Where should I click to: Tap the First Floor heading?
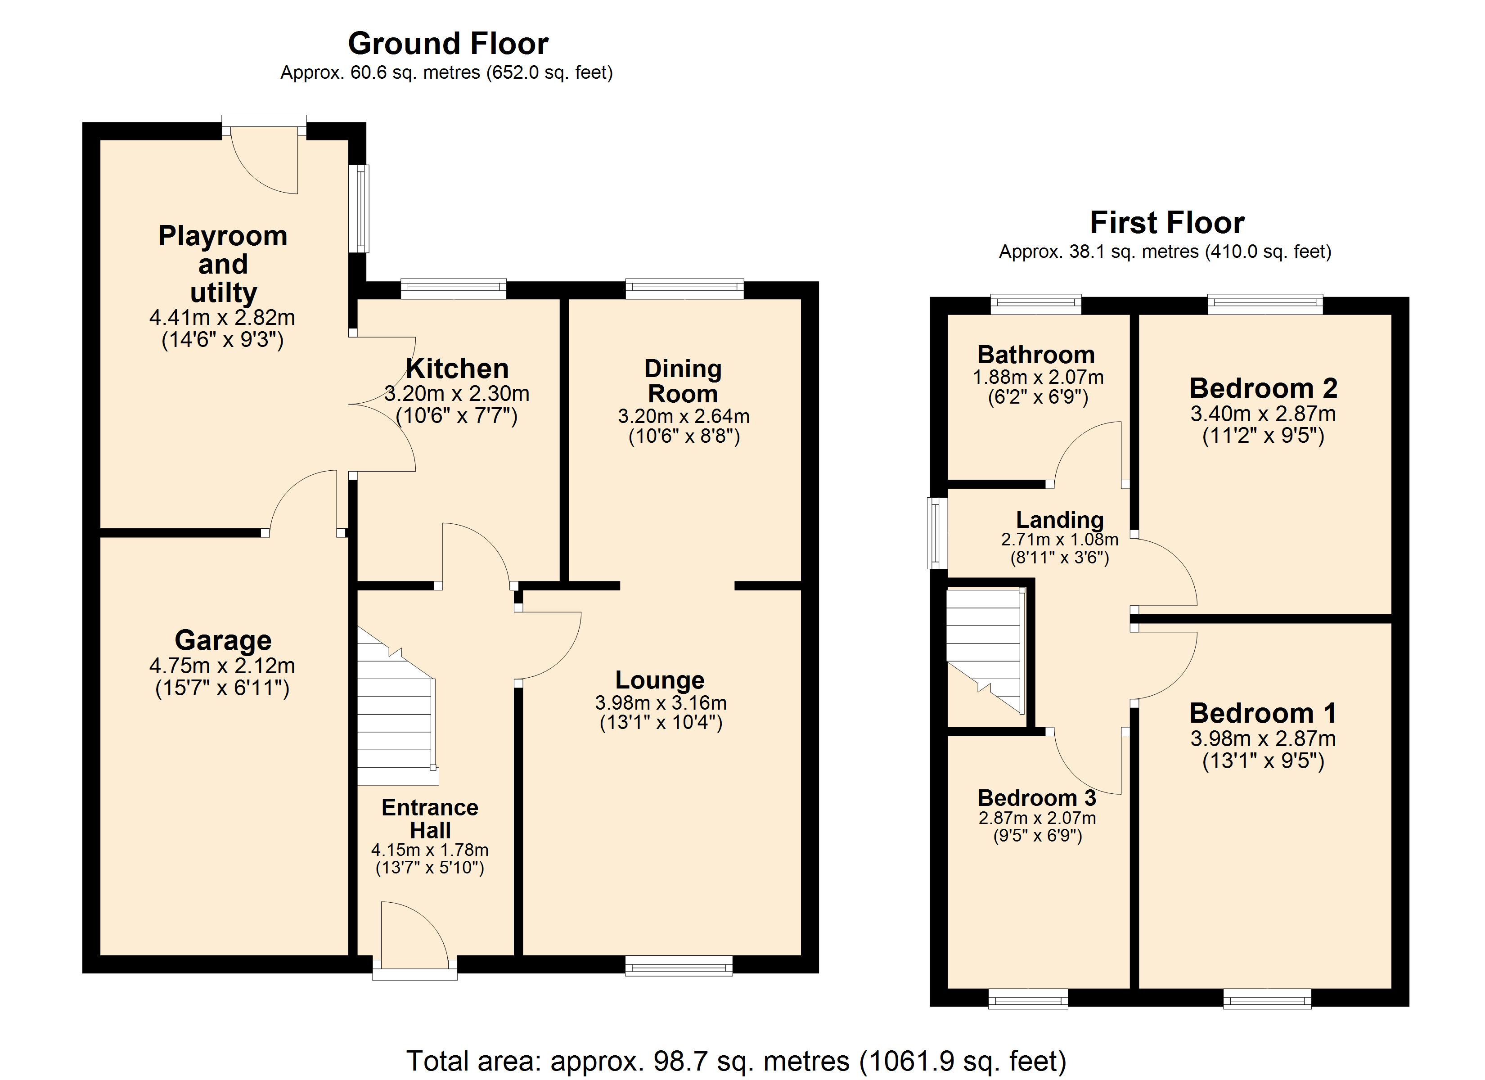tap(1167, 223)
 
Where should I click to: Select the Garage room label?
tap(223, 640)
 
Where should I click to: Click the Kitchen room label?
tap(457, 369)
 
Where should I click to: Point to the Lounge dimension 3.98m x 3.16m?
tap(661, 703)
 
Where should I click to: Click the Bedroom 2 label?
tap(1263, 388)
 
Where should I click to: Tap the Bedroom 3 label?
tap(1036, 798)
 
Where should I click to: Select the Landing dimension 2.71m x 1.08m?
tap(1059, 539)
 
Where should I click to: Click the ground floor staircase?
tap(396, 707)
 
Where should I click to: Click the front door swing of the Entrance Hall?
tap(414, 933)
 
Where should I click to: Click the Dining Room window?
tap(685, 289)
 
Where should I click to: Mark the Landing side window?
tap(938, 532)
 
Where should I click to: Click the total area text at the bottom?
tap(737, 1060)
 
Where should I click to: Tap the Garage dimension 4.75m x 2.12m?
tap(223, 666)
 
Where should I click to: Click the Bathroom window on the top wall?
tap(1036, 305)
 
